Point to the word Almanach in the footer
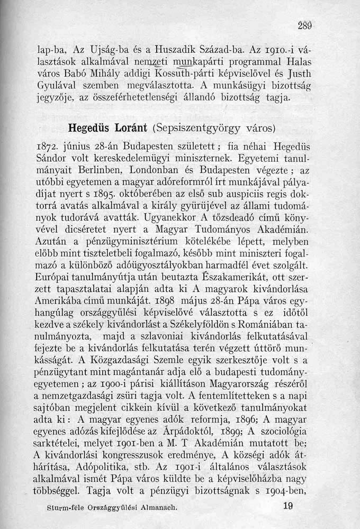(x=155, y=506)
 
